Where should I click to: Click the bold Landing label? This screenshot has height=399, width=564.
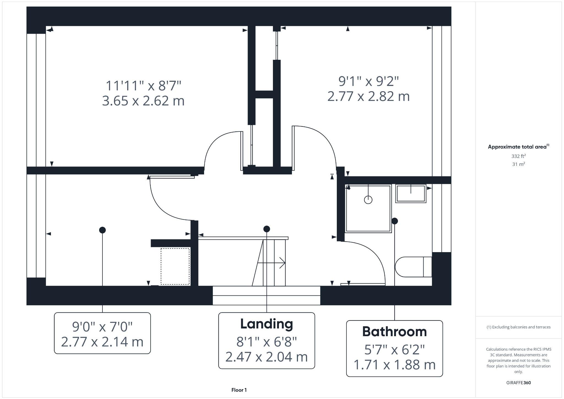click(x=266, y=324)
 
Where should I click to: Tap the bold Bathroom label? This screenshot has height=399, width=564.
click(x=394, y=331)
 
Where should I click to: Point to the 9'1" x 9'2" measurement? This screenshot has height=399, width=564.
click(x=368, y=81)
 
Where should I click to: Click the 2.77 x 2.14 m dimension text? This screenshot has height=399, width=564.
click(x=102, y=342)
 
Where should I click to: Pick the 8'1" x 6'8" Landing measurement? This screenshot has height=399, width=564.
click(x=266, y=342)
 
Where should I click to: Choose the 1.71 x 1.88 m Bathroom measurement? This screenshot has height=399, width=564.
click(x=394, y=365)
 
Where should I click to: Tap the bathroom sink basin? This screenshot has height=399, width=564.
click(x=411, y=194)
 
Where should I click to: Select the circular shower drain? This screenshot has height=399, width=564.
click(x=368, y=200)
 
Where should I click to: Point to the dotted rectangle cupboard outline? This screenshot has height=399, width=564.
click(x=175, y=266)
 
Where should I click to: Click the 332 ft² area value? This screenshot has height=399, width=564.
click(x=518, y=156)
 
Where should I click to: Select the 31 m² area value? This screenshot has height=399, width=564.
click(x=518, y=164)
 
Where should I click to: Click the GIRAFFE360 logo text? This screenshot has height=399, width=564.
click(x=518, y=383)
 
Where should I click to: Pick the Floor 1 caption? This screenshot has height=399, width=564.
click(x=239, y=390)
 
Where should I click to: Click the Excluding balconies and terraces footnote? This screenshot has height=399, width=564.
click(x=518, y=327)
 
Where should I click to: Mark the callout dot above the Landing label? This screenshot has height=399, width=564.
click(x=267, y=229)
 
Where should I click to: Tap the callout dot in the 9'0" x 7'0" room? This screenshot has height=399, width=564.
click(x=102, y=230)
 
